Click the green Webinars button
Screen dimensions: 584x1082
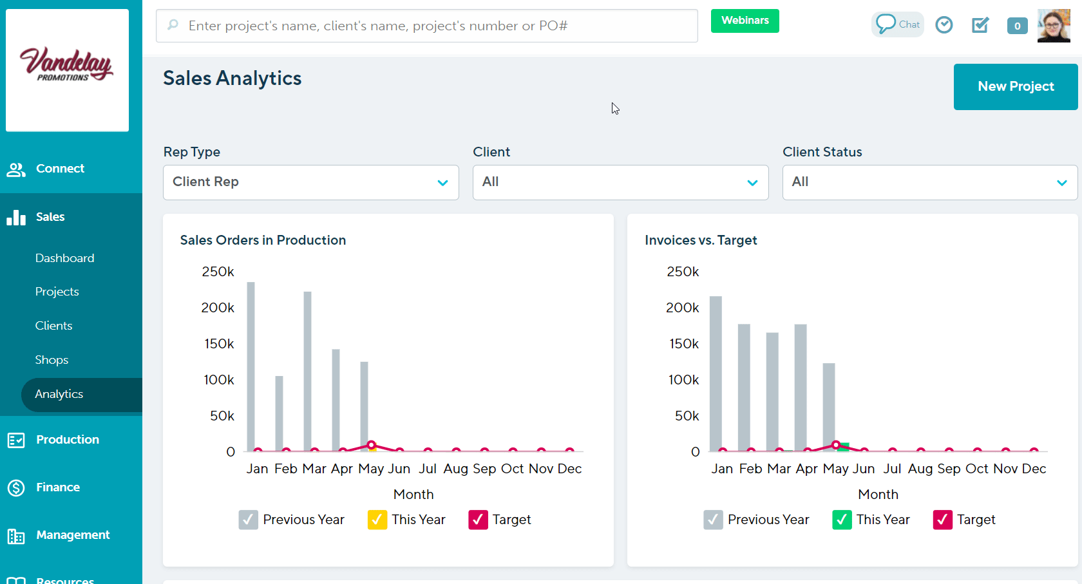[745, 21]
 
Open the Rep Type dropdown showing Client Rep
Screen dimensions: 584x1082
[310, 182]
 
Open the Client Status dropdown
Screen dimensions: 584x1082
[929, 182]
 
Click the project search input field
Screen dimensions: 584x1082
[426, 26]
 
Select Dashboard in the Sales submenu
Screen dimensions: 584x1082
[64, 258]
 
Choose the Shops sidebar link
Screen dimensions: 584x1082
[52, 360]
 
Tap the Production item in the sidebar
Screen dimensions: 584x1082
[67, 440]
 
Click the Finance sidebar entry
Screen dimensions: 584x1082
[57, 487]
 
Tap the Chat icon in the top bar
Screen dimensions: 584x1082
[897, 24]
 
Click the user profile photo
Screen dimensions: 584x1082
[1054, 26]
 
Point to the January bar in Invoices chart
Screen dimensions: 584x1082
[716, 373]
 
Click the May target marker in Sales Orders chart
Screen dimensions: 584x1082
[371, 445]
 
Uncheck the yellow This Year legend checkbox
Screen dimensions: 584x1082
[377, 520]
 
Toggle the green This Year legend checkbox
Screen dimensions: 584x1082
[842, 520]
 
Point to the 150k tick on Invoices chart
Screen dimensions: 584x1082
[683, 344]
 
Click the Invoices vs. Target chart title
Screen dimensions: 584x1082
[701, 240]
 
